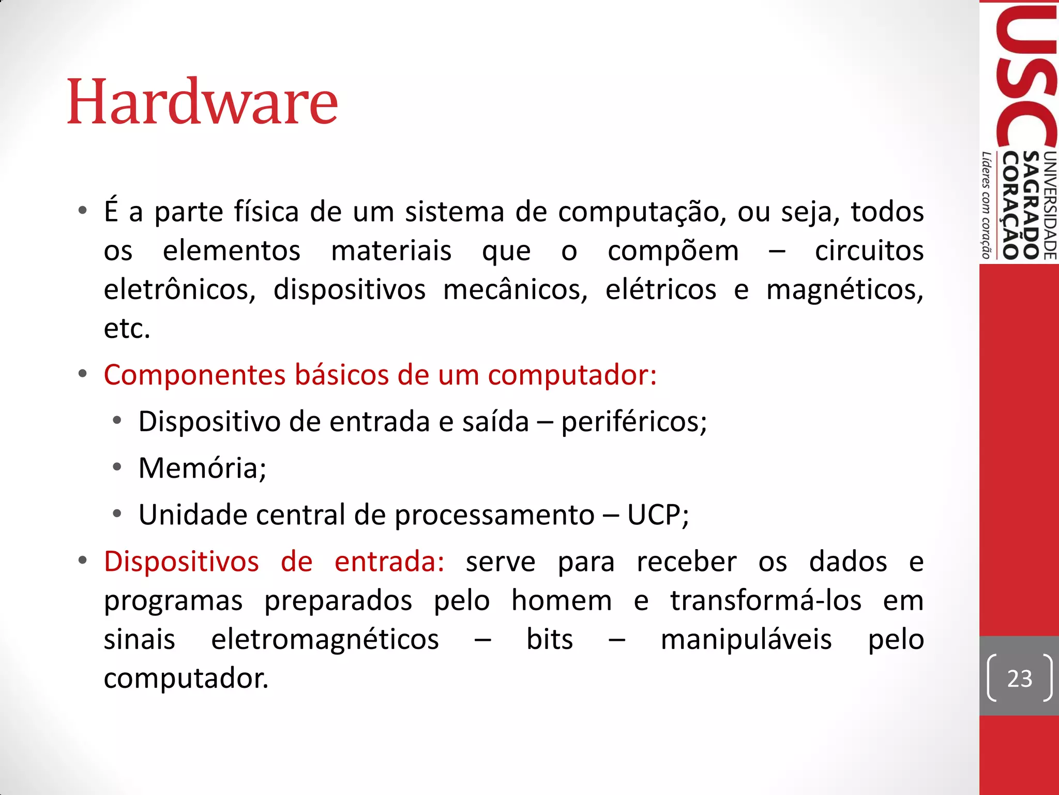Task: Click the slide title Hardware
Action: coord(202,101)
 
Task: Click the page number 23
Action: coord(1019,679)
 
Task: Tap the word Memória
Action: coord(202,468)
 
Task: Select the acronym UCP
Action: coord(657,515)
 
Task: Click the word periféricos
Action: coord(634,422)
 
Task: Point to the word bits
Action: coord(550,640)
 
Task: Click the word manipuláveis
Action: coord(746,640)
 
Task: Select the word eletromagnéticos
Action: coord(325,640)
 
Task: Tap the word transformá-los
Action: coord(766,601)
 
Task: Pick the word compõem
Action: coord(673,251)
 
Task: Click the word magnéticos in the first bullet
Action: coord(844,290)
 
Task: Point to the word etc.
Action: coord(127,329)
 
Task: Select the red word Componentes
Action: coord(194,375)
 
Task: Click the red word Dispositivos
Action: coord(181,562)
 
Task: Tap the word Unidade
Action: coord(192,515)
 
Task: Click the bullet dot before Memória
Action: coord(117,467)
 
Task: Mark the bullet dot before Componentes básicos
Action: coord(83,374)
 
